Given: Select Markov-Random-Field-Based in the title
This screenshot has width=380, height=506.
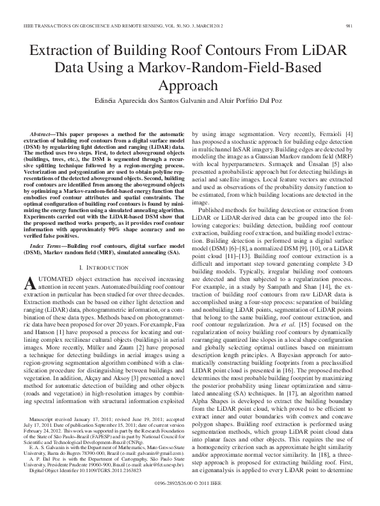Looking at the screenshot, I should (205, 69).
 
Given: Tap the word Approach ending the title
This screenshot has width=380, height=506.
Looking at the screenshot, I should (190, 85).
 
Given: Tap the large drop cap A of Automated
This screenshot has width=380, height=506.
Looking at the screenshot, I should (29, 300).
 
